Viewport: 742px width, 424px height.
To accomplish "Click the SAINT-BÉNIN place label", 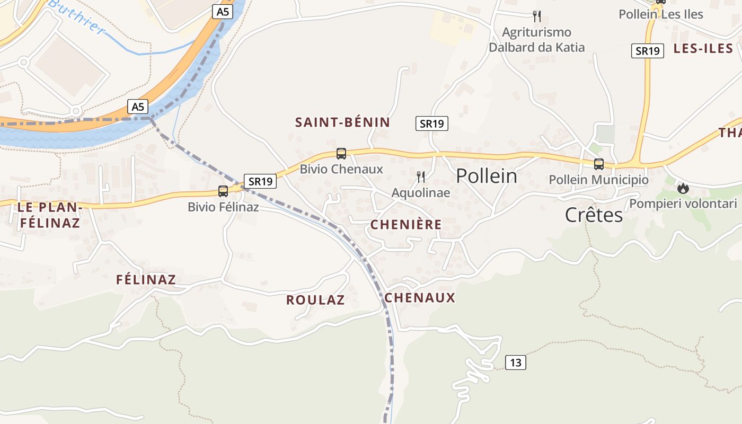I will (x=342, y=122).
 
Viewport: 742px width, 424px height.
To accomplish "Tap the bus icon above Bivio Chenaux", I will (x=341, y=154).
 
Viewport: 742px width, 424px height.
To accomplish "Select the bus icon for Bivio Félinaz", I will (x=223, y=191).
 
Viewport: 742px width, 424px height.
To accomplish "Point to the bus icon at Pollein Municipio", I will (x=599, y=164).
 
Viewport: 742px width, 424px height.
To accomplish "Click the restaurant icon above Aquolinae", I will (x=421, y=176).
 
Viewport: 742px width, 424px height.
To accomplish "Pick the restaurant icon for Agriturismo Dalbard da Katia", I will (x=537, y=16).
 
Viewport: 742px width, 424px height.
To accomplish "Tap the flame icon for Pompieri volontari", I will (x=683, y=188).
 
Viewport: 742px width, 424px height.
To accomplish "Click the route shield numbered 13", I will (x=516, y=363).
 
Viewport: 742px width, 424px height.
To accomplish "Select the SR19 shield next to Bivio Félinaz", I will (x=260, y=181).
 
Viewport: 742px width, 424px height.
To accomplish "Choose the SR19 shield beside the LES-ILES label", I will (x=648, y=51).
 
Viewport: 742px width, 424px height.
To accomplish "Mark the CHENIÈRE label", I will (x=406, y=225).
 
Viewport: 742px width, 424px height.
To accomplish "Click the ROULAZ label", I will (x=315, y=300).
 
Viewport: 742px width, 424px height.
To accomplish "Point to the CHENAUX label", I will (x=420, y=298).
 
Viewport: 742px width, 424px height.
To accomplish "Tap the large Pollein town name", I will (x=487, y=176).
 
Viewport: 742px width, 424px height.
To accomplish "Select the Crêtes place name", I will (x=594, y=215).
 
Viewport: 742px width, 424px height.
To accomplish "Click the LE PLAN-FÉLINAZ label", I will (x=48, y=215).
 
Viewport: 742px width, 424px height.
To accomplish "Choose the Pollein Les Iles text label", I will (x=661, y=14).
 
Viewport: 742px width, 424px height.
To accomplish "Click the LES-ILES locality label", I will (x=703, y=49).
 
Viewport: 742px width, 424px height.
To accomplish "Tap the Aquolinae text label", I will (x=421, y=193).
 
